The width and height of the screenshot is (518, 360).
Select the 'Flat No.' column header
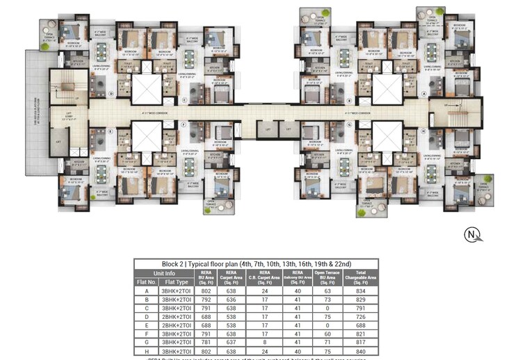pos(145,283)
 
